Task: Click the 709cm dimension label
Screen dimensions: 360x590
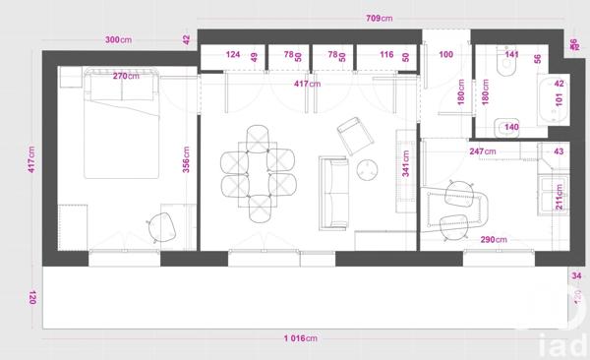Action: [x=381, y=17]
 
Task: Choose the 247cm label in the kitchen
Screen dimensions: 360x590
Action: [x=482, y=151]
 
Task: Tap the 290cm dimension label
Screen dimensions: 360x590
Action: [x=495, y=239]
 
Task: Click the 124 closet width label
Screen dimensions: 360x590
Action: [x=233, y=55]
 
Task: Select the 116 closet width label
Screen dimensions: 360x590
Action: [x=386, y=55]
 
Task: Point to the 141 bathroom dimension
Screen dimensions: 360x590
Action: [x=511, y=55]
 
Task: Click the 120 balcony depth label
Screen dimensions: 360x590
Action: [x=32, y=297]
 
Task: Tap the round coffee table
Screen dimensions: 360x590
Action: [x=367, y=169]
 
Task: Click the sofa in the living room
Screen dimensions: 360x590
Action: [x=334, y=189]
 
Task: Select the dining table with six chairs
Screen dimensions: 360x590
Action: [x=258, y=173]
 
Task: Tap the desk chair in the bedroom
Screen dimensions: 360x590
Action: [x=164, y=226]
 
